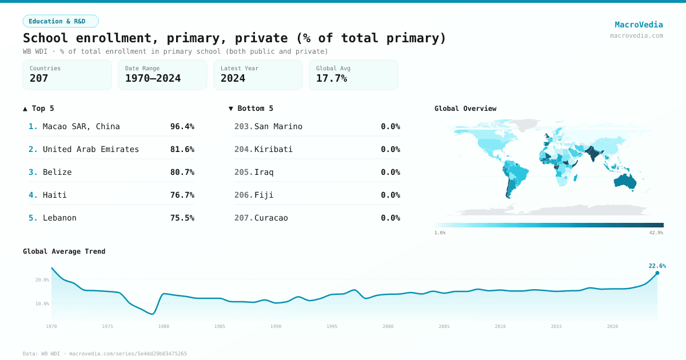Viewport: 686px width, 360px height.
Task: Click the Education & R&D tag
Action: point(61,21)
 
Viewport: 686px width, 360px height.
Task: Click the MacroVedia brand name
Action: point(639,25)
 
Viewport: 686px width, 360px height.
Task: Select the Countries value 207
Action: point(39,78)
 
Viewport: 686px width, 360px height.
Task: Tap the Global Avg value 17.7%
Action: point(332,78)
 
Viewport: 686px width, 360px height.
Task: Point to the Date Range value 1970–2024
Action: point(153,78)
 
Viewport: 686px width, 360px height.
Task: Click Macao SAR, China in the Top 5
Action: point(81,126)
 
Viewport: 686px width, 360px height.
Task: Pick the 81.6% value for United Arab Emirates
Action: point(182,149)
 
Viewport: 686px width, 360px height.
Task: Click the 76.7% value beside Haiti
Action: point(182,195)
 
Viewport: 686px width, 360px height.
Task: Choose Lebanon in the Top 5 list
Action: point(59,218)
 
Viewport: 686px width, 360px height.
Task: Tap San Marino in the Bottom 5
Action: point(278,126)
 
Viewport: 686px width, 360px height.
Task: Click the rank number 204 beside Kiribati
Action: point(244,149)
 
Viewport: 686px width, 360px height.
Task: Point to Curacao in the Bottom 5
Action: point(271,218)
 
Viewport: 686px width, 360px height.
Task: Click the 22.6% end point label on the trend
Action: point(657,266)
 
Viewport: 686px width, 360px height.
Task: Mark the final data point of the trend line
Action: point(657,273)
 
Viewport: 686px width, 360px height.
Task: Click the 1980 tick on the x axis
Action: point(163,326)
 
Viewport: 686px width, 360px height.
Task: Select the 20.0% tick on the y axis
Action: point(42,280)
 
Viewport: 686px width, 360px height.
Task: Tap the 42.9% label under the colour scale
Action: point(656,233)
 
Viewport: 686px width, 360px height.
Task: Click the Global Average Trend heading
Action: point(64,251)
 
